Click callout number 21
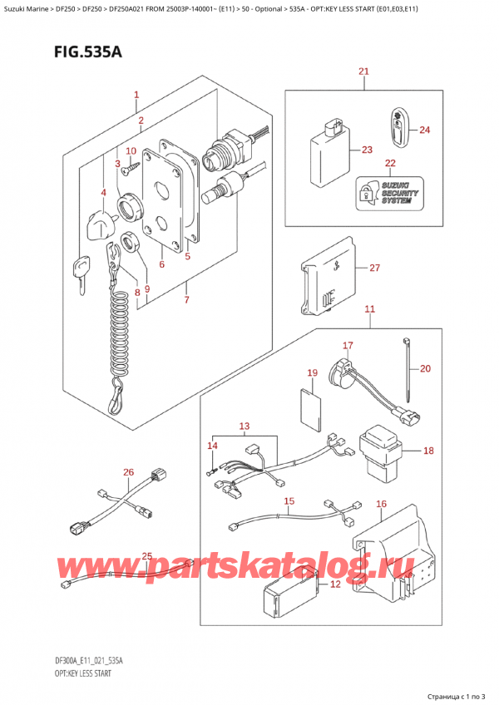363,72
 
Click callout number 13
243,427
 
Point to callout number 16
381,504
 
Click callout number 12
335,584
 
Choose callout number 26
127,473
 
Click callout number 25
146,556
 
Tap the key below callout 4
81,270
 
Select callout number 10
130,150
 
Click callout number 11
369,309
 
